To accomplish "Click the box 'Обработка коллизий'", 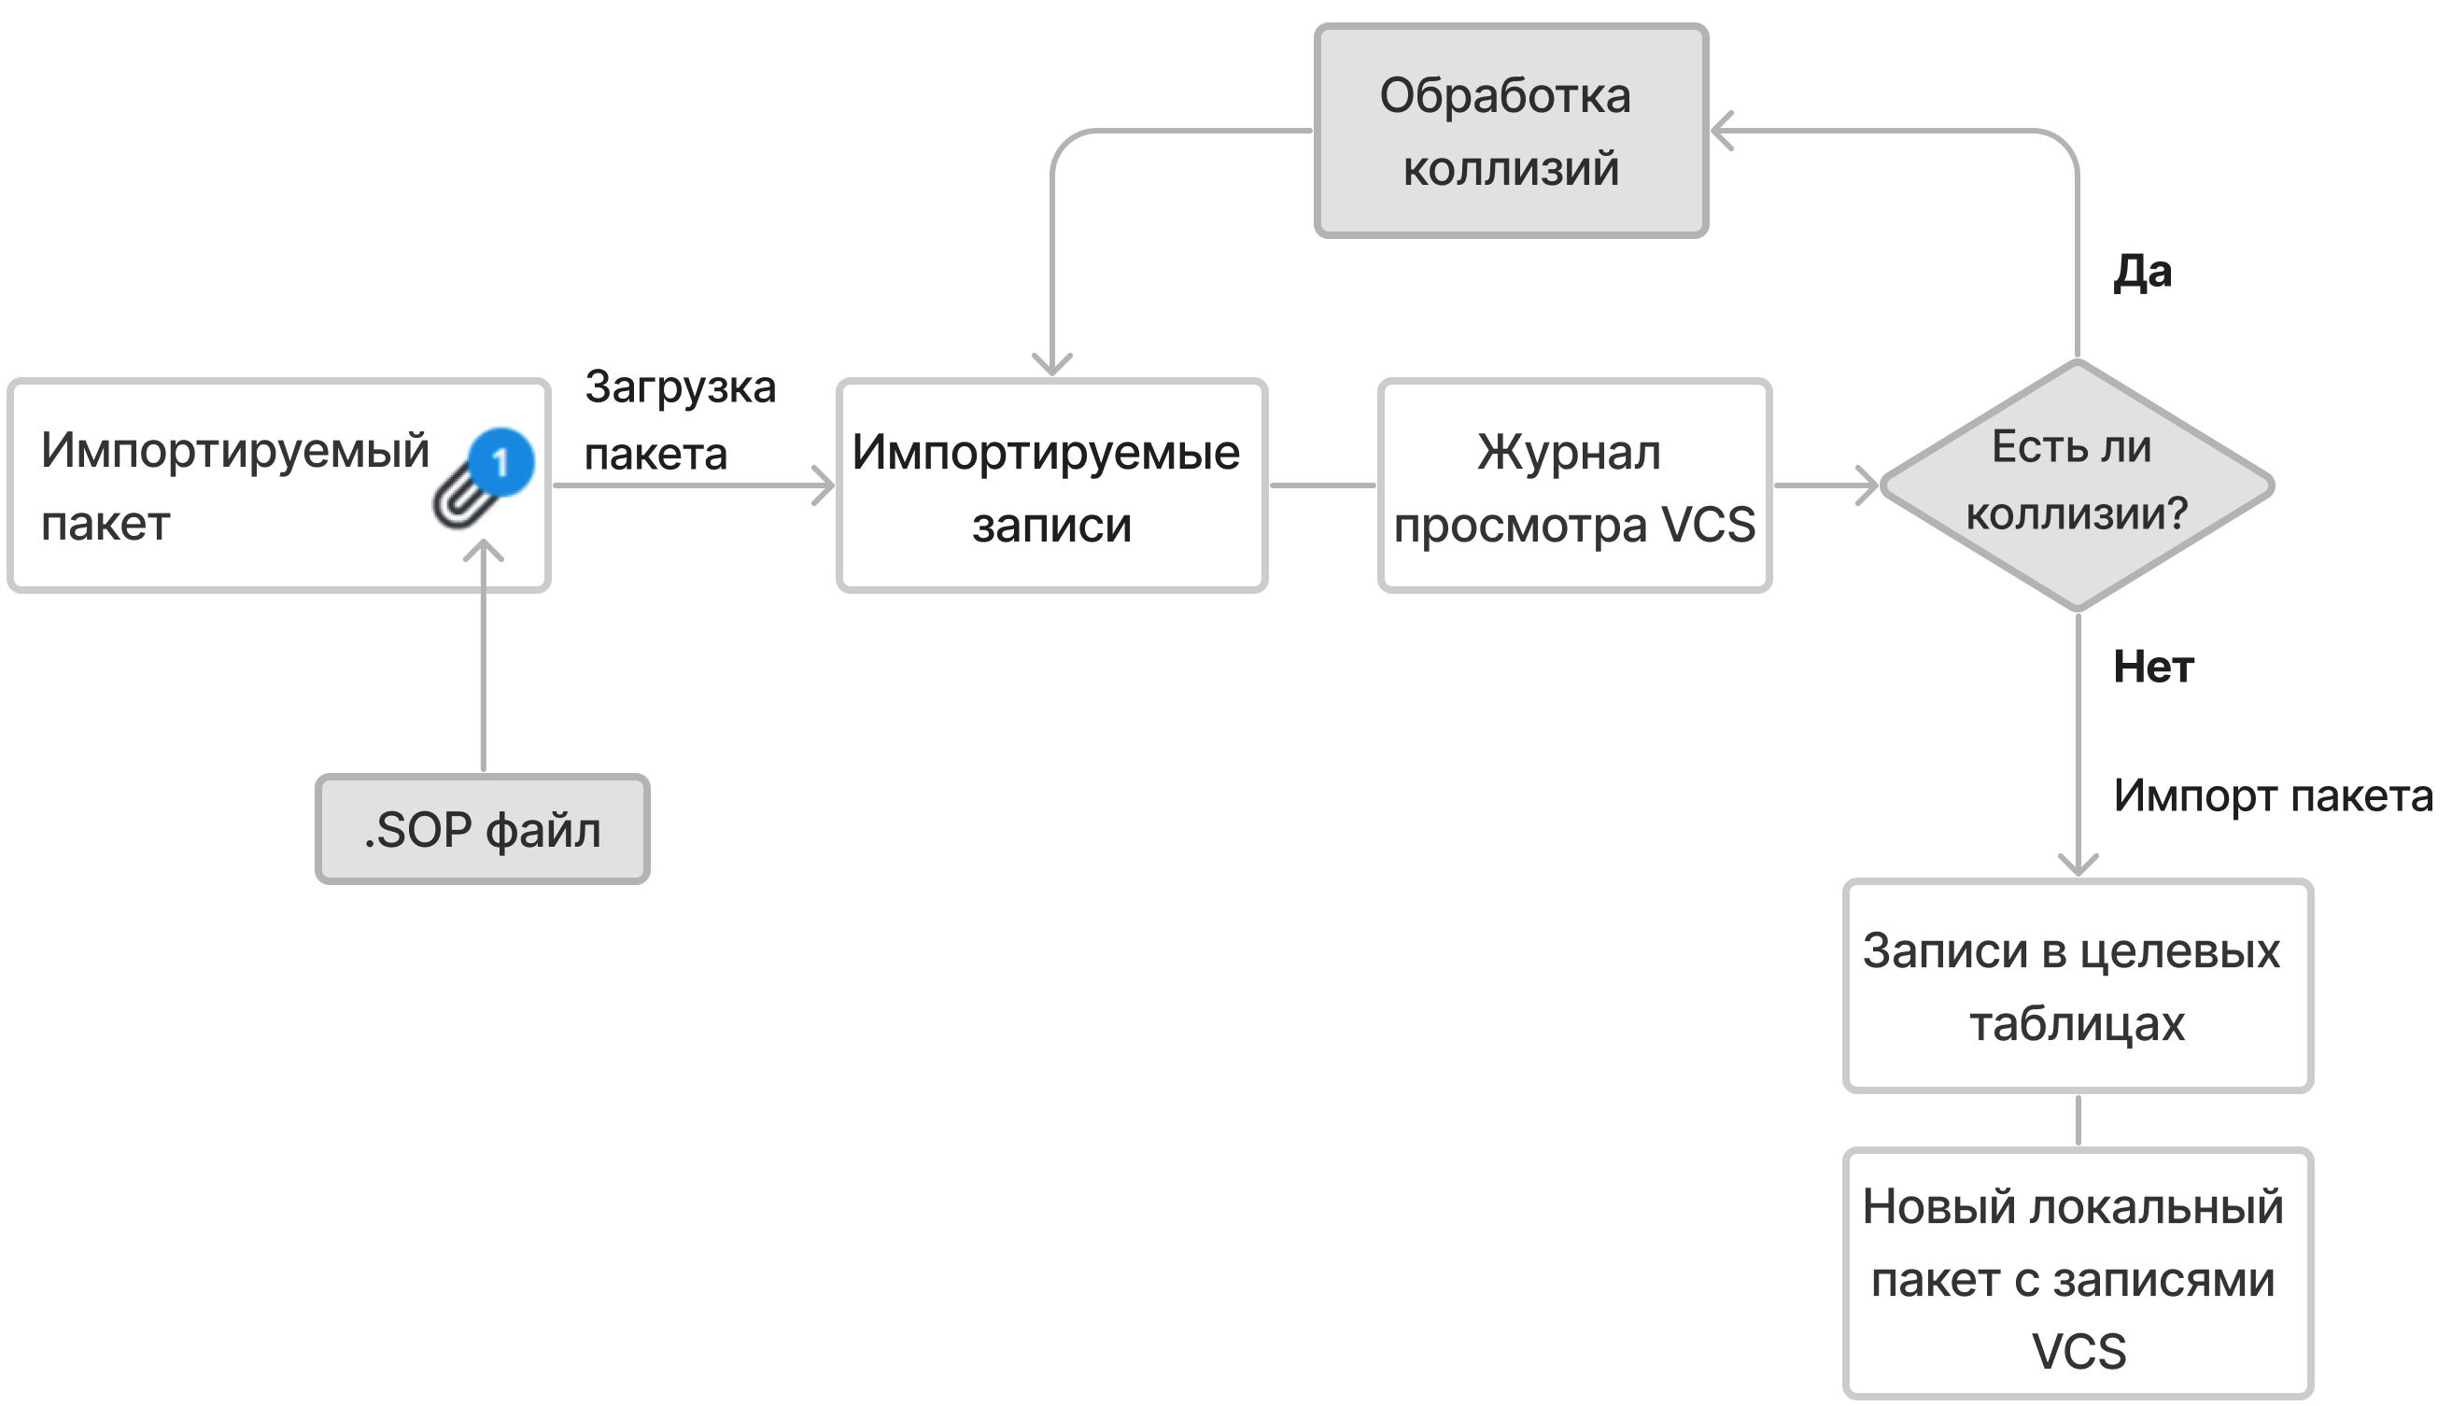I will click(x=1511, y=132).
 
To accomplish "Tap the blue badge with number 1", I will click(x=501, y=462).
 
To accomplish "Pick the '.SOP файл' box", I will click(x=483, y=829).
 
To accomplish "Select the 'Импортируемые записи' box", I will click(x=1050, y=485).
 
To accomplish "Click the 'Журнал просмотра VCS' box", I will click(x=1574, y=485).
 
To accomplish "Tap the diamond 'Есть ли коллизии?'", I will click(x=2077, y=485).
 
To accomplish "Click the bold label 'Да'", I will click(x=2142, y=274).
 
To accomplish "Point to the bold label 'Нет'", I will click(x=2152, y=668).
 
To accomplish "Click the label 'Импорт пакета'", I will click(x=2273, y=796).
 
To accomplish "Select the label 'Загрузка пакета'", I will click(x=679, y=420).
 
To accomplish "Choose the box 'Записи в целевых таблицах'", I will click(x=2078, y=986).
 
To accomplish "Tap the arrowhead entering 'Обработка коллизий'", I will click(x=1722, y=132).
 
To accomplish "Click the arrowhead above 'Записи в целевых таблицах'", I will click(x=2078, y=864).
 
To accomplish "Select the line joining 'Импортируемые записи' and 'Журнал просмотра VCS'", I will click(x=1322, y=485).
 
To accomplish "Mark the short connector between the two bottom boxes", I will click(x=2078, y=1120).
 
